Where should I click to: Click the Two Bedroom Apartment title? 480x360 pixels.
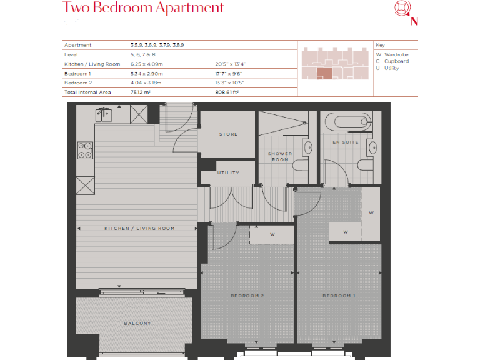click(143, 8)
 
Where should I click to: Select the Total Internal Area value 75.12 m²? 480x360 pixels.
click(141, 91)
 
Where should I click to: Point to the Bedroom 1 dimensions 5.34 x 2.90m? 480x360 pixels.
click(146, 73)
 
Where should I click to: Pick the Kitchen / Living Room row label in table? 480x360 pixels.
click(92, 64)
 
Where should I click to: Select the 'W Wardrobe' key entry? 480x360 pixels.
click(392, 54)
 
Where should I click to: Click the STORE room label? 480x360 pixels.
click(228, 134)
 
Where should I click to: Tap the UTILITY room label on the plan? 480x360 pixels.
click(228, 172)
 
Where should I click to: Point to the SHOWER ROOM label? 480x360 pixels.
click(280, 156)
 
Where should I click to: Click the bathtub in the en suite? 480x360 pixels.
click(346, 120)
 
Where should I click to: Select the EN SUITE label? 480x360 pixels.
click(345, 142)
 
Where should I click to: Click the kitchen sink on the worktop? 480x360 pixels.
click(104, 114)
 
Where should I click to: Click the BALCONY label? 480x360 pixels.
click(137, 323)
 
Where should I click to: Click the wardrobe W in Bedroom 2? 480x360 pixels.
click(272, 235)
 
